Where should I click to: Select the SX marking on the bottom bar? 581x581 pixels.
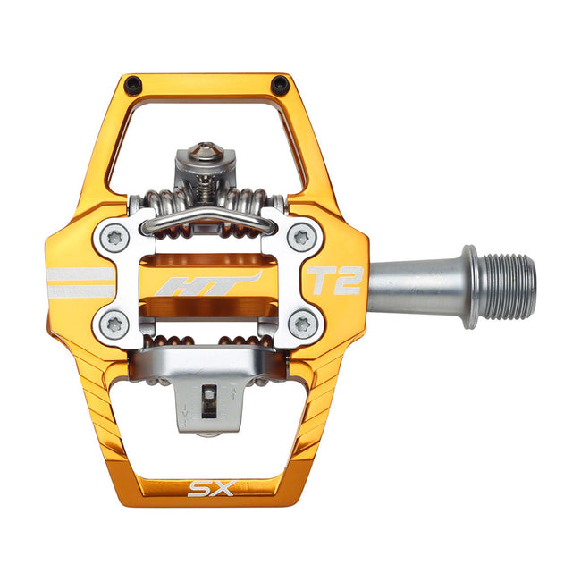pyautogui.click(x=207, y=488)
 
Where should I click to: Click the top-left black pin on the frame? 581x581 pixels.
pyautogui.click(x=132, y=85)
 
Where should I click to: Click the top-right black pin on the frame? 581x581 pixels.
pyautogui.click(x=280, y=85)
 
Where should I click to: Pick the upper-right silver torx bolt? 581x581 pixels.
pyautogui.click(x=302, y=237)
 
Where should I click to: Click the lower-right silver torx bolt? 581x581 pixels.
pyautogui.click(x=302, y=324)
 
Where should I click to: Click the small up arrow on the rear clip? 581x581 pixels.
pyautogui.click(x=232, y=392)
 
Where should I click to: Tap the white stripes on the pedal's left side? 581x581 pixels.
pyautogui.click(x=80, y=282)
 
